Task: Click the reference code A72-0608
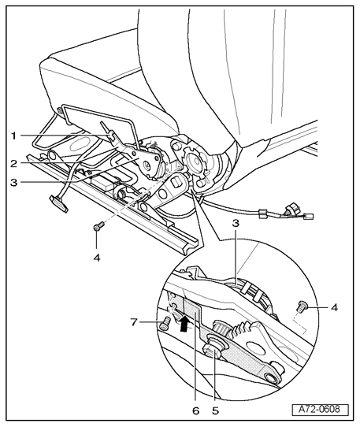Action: [x=319, y=409]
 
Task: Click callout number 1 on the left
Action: [x=13, y=136]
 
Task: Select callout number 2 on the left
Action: [x=14, y=164]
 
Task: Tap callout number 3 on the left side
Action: [x=14, y=183]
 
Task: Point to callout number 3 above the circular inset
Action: [x=236, y=223]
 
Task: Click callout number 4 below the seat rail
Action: [x=97, y=257]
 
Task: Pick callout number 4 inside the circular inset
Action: [x=334, y=308]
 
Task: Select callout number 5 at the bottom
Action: [x=215, y=410]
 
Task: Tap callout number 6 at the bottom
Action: [x=196, y=410]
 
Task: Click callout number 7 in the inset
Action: [x=133, y=322]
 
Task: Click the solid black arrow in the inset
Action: [x=184, y=323]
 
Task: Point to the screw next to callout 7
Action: [x=165, y=325]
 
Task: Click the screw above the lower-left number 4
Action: [x=98, y=226]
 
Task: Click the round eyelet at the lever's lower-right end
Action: [x=273, y=378]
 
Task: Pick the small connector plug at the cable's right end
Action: [x=309, y=217]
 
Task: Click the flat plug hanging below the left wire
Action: [x=58, y=203]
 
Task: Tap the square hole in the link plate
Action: [x=176, y=182]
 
